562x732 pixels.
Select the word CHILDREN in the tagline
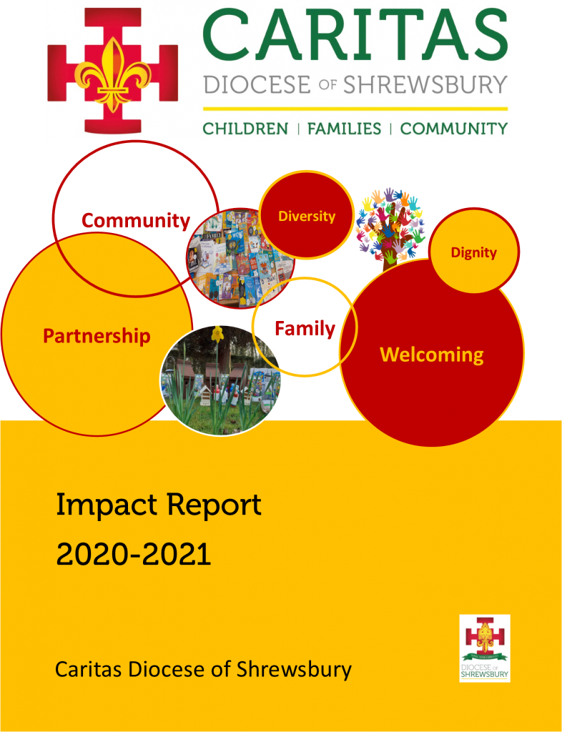click(245, 129)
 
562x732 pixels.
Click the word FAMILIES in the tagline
click(344, 129)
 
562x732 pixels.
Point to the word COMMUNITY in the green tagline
click(454, 129)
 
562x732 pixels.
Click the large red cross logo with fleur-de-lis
click(112, 70)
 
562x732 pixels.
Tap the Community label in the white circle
click(137, 220)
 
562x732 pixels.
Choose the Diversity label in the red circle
click(307, 216)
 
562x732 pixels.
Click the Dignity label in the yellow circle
click(474, 252)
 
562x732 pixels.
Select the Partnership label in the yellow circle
click(97, 336)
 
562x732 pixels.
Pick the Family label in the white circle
click(305, 328)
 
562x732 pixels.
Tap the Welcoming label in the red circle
click(432, 355)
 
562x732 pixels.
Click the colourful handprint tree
click(389, 228)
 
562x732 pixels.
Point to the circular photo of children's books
click(240, 257)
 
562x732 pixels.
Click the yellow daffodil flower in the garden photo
click(217, 333)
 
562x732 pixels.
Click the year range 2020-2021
click(134, 555)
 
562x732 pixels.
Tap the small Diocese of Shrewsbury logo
click(485, 648)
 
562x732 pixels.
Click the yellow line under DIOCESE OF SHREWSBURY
click(355, 109)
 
